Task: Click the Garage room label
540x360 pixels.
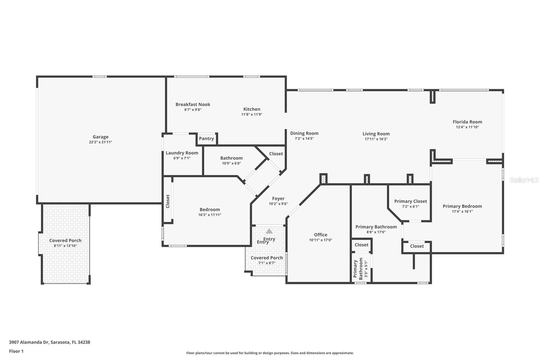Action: [x=101, y=137]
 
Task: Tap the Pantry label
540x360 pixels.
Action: [x=206, y=138]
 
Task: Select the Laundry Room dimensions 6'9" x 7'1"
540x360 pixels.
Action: [x=182, y=158]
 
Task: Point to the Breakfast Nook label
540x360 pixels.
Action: [x=193, y=104]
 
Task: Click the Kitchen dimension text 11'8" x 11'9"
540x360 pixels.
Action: [x=252, y=114]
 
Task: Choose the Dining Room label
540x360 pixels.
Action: [x=304, y=133]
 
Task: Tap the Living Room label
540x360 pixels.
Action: [x=376, y=134]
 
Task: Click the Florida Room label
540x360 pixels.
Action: [x=467, y=122]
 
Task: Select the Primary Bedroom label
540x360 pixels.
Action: [x=462, y=206]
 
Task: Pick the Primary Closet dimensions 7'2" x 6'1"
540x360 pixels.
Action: [x=410, y=206]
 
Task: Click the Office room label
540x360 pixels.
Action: [x=320, y=235]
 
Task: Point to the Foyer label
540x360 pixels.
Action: [x=278, y=199]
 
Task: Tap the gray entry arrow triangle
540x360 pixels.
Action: [x=269, y=231]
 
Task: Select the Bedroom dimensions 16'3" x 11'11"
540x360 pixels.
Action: [x=210, y=215]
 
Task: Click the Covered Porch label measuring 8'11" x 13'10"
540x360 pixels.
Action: [x=65, y=240]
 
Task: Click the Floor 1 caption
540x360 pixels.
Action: [x=16, y=351]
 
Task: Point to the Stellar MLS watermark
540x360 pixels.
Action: [x=524, y=180]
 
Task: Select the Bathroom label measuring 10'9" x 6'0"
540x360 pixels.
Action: [x=231, y=158]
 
